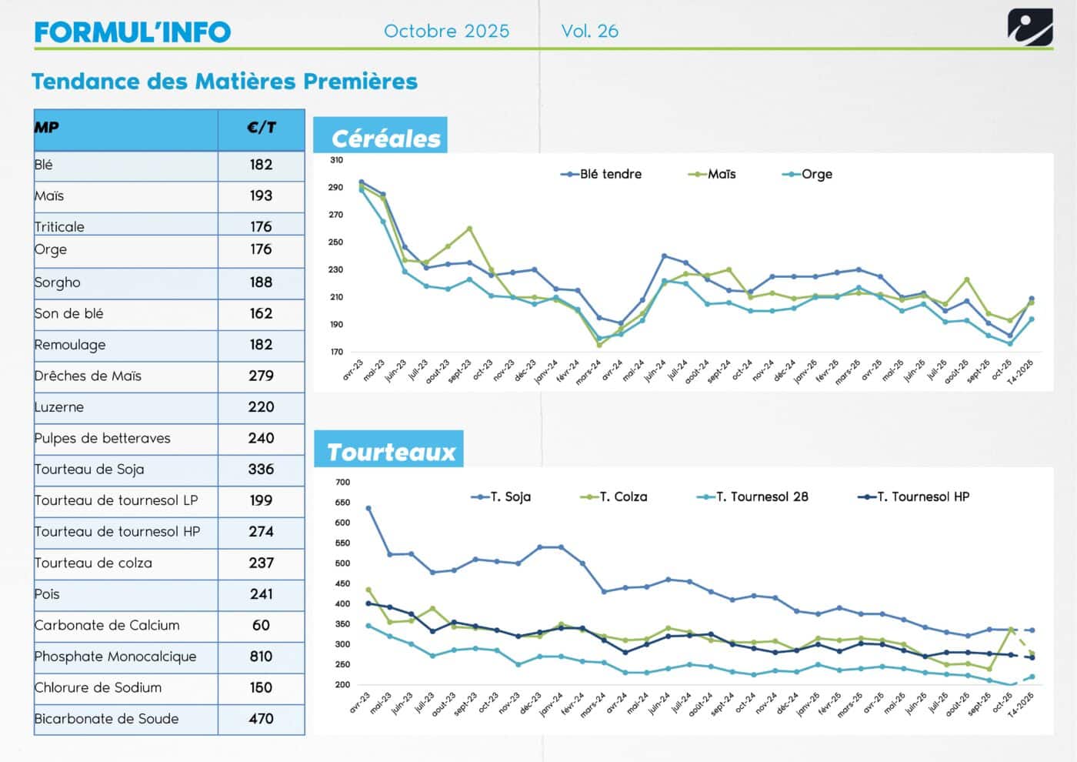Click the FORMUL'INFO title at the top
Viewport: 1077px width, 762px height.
click(132, 32)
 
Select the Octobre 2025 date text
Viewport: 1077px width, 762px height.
click(446, 31)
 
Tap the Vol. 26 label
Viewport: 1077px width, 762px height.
click(589, 31)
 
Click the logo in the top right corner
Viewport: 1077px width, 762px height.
click(1030, 28)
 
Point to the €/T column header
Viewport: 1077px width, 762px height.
click(261, 128)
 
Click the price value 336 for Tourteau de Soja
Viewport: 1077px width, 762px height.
click(261, 470)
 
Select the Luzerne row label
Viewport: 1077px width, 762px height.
click(59, 407)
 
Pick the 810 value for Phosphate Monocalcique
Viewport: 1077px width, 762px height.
click(261, 657)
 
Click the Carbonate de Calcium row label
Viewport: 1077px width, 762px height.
click(107, 625)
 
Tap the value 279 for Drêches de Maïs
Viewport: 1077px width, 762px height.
click(261, 376)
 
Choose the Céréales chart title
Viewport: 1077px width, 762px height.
click(385, 139)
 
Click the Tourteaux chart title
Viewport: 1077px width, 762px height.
click(391, 452)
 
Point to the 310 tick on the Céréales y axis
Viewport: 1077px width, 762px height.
click(336, 160)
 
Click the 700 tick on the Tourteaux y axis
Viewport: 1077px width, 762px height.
click(342, 483)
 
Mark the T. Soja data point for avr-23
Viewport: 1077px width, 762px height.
click(368, 509)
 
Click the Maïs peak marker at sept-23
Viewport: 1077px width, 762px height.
click(469, 229)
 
